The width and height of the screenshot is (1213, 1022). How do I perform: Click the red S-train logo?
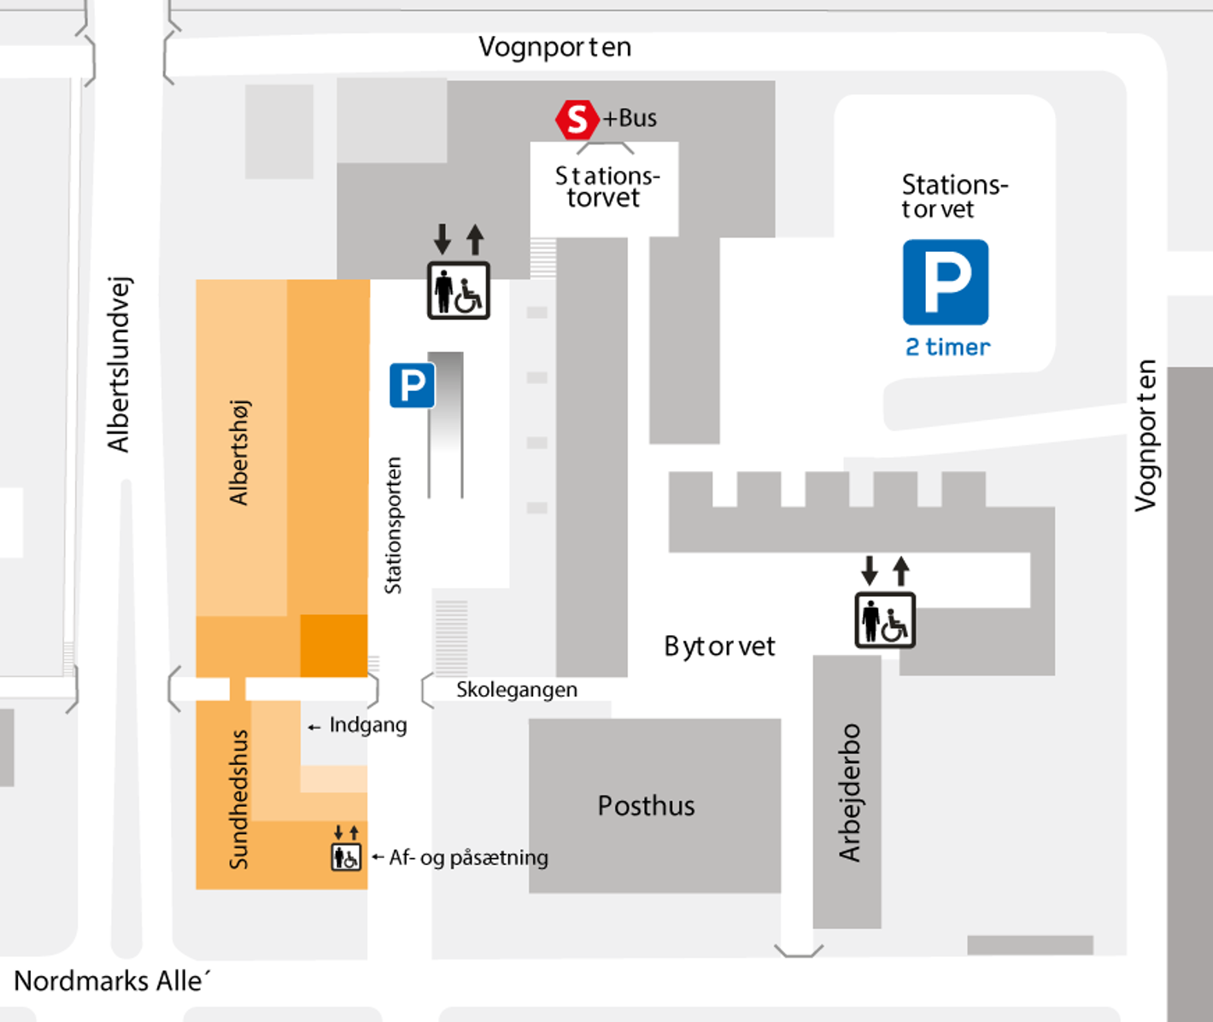pyautogui.click(x=577, y=120)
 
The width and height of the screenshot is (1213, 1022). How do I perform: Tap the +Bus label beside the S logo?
pyautogui.click(x=630, y=118)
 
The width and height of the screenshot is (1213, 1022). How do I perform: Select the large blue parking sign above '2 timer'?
pyautogui.click(x=946, y=283)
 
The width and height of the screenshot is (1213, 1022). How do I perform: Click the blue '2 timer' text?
pyautogui.click(x=947, y=347)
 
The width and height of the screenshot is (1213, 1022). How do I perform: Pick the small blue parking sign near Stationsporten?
pyautogui.click(x=412, y=385)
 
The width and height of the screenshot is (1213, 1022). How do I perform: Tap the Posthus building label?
pyautogui.click(x=646, y=805)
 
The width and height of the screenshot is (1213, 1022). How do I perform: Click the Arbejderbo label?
pyautogui.click(x=849, y=792)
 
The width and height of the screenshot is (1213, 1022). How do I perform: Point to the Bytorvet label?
pyautogui.click(x=719, y=646)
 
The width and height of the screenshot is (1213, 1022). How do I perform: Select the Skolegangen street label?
pyautogui.click(x=516, y=690)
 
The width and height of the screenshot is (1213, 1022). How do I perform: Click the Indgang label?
pyautogui.click(x=367, y=725)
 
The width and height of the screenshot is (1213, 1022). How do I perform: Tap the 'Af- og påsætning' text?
pyautogui.click(x=468, y=857)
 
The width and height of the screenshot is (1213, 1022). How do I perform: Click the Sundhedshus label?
pyautogui.click(x=238, y=799)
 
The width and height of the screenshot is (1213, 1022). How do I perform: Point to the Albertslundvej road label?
pyautogui.click(x=118, y=365)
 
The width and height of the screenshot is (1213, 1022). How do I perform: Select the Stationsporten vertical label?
pyautogui.click(x=393, y=525)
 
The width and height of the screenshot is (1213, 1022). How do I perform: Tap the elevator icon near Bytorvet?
pyautogui.click(x=885, y=620)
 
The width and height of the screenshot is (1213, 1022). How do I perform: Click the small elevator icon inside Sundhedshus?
pyautogui.click(x=346, y=856)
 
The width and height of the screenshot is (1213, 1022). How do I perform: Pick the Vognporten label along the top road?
pyautogui.click(x=554, y=47)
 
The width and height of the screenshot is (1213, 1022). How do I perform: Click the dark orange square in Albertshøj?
pyautogui.click(x=334, y=645)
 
